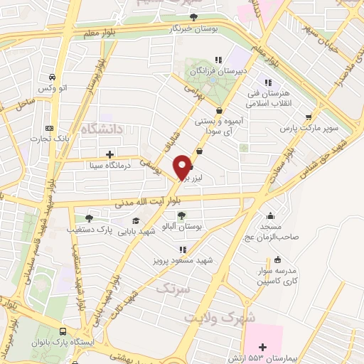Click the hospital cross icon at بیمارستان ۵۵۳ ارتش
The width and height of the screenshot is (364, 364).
[x=262, y=346]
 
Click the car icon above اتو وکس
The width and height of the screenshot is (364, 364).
[x=52, y=77]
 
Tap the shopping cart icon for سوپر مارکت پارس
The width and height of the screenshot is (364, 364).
[x=308, y=118]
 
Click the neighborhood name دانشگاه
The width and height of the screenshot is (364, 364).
[x=102, y=129]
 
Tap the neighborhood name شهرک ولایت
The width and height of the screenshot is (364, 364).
[x=220, y=316]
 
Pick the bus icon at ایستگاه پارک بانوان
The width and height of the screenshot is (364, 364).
[x=65, y=331]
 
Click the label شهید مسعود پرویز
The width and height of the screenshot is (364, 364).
[x=183, y=260]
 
